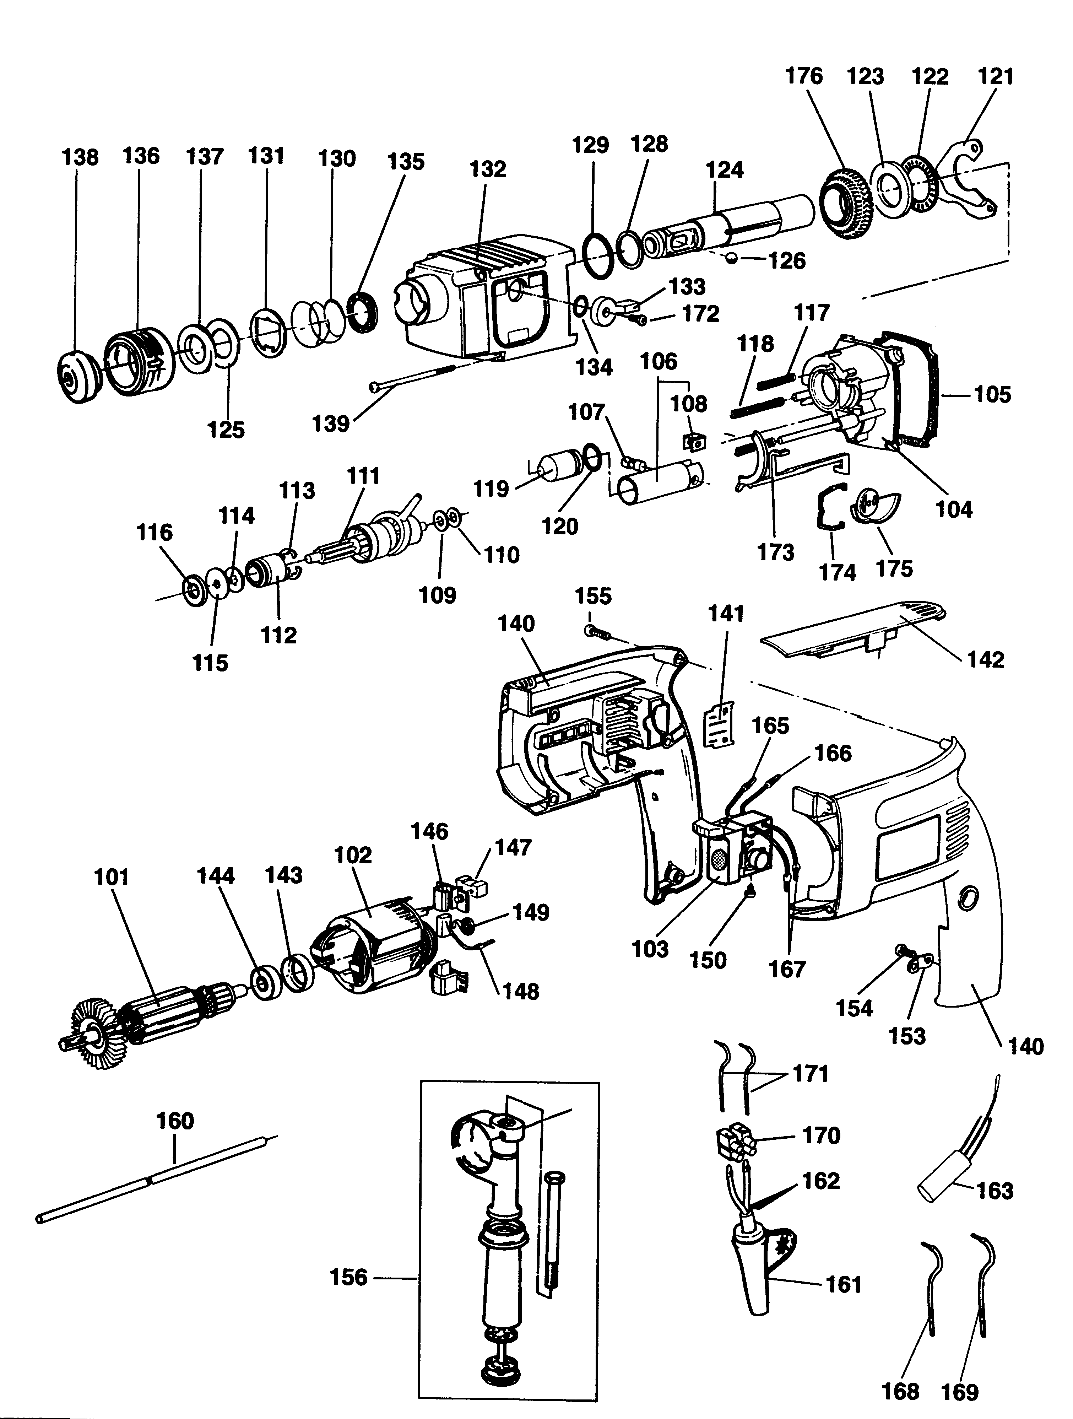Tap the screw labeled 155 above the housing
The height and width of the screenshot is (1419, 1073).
(x=596, y=632)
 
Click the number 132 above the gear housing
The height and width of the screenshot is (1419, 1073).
(x=487, y=169)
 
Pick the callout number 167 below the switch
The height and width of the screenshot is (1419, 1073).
(x=787, y=969)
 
